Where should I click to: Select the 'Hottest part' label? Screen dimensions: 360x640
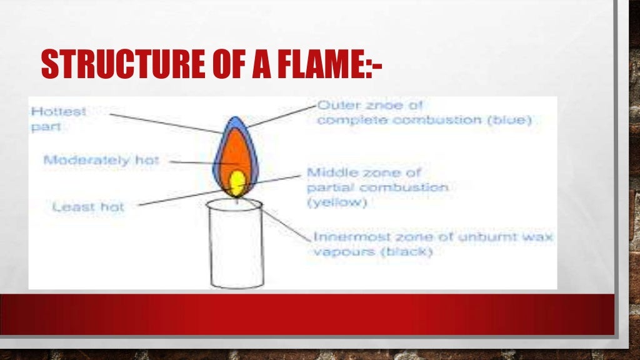coord(59,119)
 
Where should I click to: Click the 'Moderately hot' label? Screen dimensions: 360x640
coord(101,160)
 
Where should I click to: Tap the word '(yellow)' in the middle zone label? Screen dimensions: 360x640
coord(337,202)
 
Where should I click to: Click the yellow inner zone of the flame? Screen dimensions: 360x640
coord(237,183)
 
